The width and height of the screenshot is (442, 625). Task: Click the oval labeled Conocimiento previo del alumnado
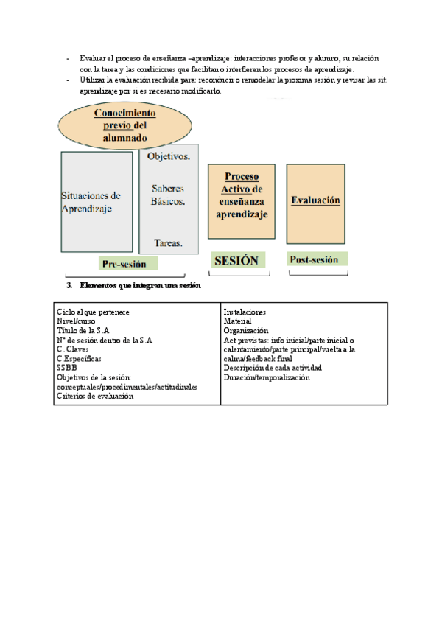point(124,125)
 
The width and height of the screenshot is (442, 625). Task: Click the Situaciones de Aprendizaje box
point(97,202)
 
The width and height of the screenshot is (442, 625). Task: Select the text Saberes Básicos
point(168,195)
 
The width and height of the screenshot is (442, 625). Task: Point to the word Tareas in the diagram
point(169,242)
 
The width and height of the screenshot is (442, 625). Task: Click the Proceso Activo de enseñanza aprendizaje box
point(242,201)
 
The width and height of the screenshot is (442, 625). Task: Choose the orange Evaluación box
point(315,200)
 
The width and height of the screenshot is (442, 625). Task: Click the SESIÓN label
point(236,260)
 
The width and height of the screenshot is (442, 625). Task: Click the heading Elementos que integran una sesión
point(140,285)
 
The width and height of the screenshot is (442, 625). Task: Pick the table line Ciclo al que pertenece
point(93,312)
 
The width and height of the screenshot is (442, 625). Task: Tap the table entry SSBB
point(66,368)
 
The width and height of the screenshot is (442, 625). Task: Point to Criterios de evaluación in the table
point(95,396)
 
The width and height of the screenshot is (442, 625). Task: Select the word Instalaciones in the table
point(245,312)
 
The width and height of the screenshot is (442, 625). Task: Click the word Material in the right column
point(237,321)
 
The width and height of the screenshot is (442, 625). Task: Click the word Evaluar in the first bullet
point(94,57)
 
